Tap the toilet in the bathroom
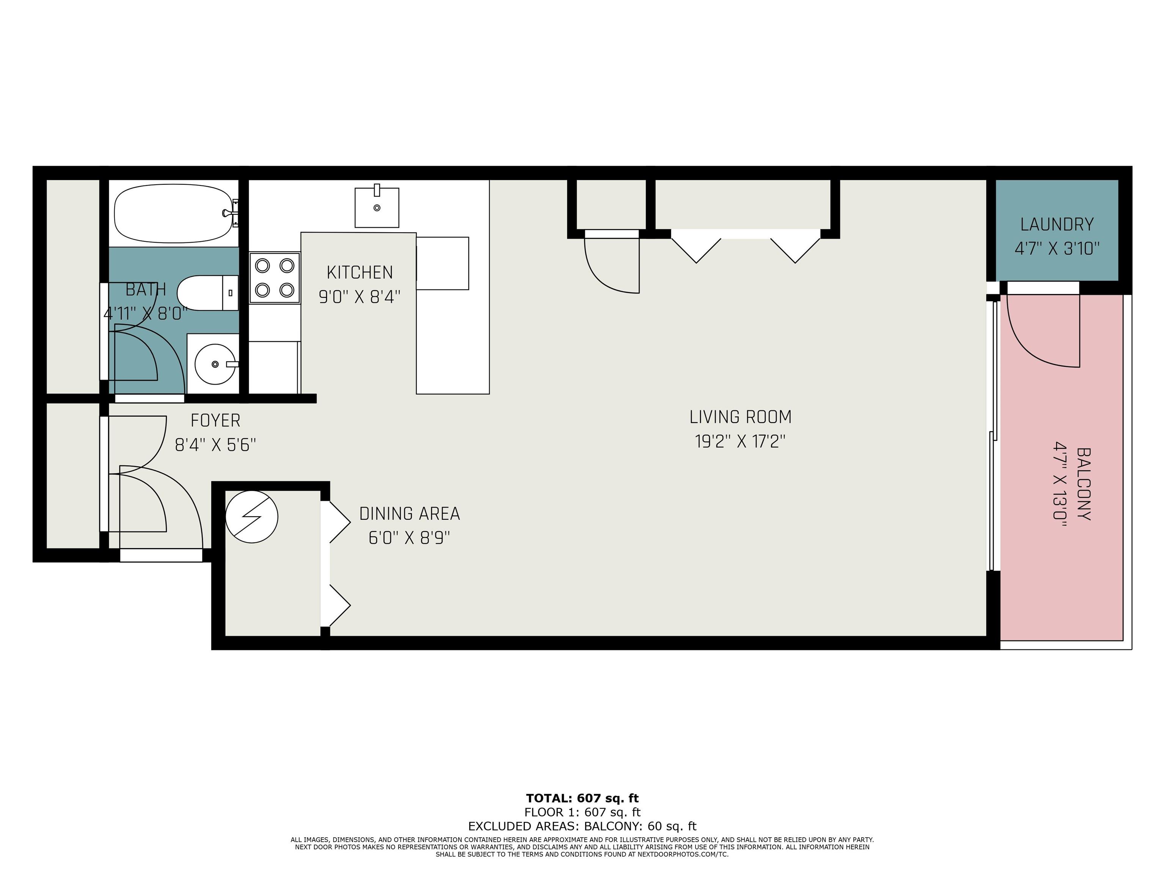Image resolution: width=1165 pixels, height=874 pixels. (207, 293)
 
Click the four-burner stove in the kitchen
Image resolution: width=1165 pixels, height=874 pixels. (275, 278)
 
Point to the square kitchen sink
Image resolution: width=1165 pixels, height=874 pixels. (377, 206)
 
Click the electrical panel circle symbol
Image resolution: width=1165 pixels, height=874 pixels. (252, 517)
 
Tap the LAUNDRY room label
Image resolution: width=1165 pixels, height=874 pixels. (1057, 225)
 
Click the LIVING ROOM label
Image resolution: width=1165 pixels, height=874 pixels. (740, 417)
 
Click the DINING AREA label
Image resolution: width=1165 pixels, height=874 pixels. (410, 514)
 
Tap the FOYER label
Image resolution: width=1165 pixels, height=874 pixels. (215, 420)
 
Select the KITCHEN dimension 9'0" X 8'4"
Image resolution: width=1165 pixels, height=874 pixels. (360, 297)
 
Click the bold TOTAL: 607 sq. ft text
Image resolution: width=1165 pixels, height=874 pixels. (582, 798)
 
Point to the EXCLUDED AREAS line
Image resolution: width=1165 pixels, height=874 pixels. (582, 826)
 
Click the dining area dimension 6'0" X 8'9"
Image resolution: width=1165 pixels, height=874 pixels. (409, 538)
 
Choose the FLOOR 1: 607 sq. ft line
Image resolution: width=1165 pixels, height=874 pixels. (582, 813)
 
